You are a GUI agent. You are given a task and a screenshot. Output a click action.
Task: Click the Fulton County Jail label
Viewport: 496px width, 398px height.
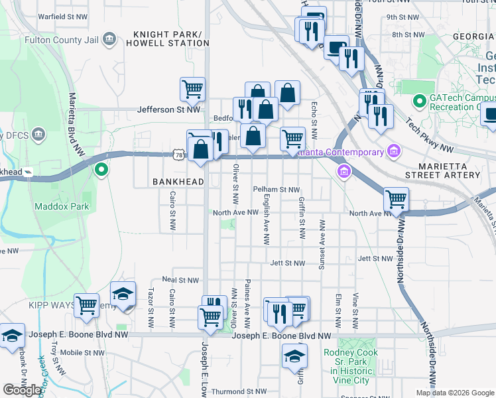[61, 40]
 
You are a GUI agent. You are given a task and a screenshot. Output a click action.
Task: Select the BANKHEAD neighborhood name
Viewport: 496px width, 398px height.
[175, 181]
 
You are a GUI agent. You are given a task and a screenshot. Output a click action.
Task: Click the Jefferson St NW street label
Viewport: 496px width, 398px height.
[168, 110]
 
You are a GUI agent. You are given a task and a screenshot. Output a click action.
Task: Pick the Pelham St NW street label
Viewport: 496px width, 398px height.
[277, 189]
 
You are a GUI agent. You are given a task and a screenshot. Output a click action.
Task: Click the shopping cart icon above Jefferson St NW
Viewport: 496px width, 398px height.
[192, 88]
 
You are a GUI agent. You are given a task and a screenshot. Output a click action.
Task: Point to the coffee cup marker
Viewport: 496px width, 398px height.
[337, 47]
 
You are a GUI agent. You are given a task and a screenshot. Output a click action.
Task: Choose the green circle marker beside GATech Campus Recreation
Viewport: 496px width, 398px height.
[419, 102]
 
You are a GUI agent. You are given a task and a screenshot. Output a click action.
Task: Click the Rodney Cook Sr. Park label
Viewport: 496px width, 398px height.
[351, 361]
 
